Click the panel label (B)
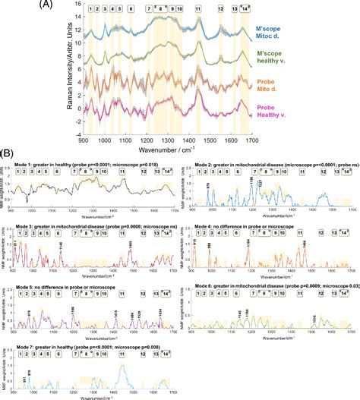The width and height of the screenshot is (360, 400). tap(11, 153)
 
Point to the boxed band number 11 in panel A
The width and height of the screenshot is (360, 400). tap(198, 15)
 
